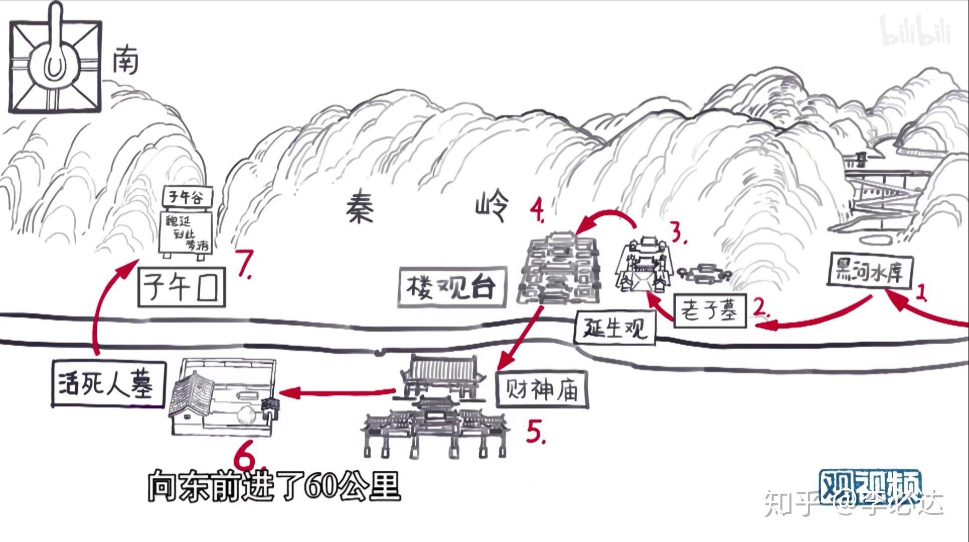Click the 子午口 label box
click(x=181, y=287)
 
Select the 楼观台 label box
click(x=451, y=288)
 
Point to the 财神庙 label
click(x=542, y=389)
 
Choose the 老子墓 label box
click(x=710, y=311)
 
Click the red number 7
click(x=244, y=267)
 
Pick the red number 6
click(x=247, y=457)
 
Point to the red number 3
click(x=678, y=233)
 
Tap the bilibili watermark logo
click(x=915, y=31)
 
